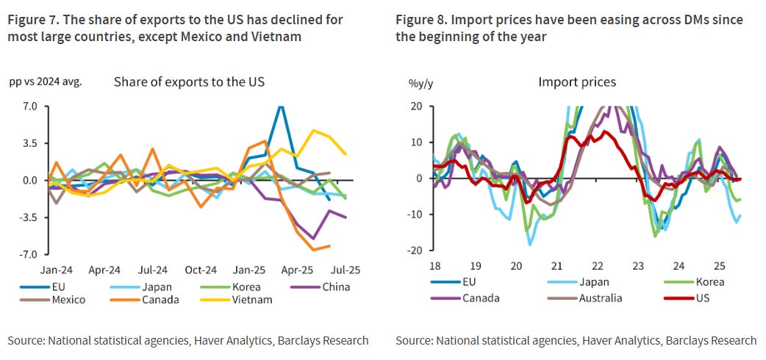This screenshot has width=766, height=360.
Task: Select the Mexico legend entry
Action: pyautogui.click(x=68, y=300)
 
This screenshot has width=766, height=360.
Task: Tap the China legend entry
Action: pyautogui.click(x=337, y=287)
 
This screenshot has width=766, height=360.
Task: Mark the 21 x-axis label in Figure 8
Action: pyautogui.click(x=557, y=265)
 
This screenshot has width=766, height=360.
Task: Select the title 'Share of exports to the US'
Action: pyautogui.click(x=189, y=82)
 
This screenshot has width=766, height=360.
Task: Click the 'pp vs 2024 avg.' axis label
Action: pyautogui.click(x=45, y=82)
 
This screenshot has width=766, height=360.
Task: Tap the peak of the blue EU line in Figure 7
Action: pyautogui.click(x=280, y=107)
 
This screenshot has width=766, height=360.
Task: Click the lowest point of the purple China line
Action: pyautogui.click(x=314, y=239)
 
